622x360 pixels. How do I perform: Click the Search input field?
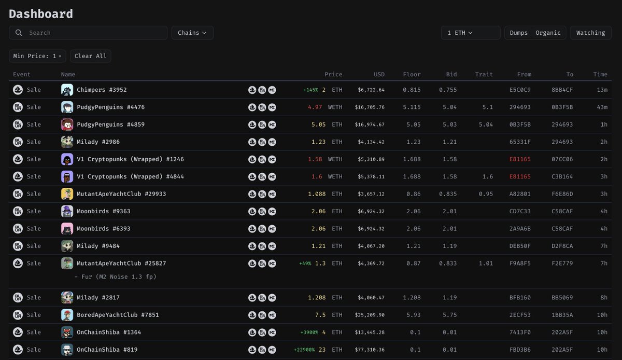pyautogui.click(x=93, y=33)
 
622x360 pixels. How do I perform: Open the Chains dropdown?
pyautogui.click(x=192, y=33)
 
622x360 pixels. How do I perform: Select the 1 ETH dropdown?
pyautogui.click(x=470, y=33)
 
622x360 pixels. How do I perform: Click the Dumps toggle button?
pyautogui.click(x=518, y=33)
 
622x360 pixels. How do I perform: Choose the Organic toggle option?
pyautogui.click(x=548, y=33)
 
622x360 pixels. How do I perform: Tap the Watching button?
pyautogui.click(x=590, y=33)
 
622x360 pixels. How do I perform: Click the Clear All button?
pyautogui.click(x=91, y=56)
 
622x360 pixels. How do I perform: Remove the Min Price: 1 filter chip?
pyautogui.click(x=60, y=56)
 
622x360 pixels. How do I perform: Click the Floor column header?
pyautogui.click(x=412, y=74)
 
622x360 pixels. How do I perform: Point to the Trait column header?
pyautogui.click(x=484, y=74)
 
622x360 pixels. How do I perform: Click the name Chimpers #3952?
pyautogui.click(x=102, y=90)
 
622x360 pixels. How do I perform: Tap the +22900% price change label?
pyautogui.click(x=303, y=350)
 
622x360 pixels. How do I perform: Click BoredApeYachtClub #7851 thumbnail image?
pyautogui.click(x=67, y=315)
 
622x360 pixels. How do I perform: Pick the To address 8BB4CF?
pyautogui.click(x=562, y=90)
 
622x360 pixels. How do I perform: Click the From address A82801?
pyautogui.click(x=520, y=194)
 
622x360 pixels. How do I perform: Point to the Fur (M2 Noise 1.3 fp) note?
pyautogui.click(x=115, y=276)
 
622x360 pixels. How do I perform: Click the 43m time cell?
pyautogui.click(x=601, y=107)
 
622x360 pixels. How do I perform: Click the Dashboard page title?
pyautogui.click(x=41, y=14)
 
